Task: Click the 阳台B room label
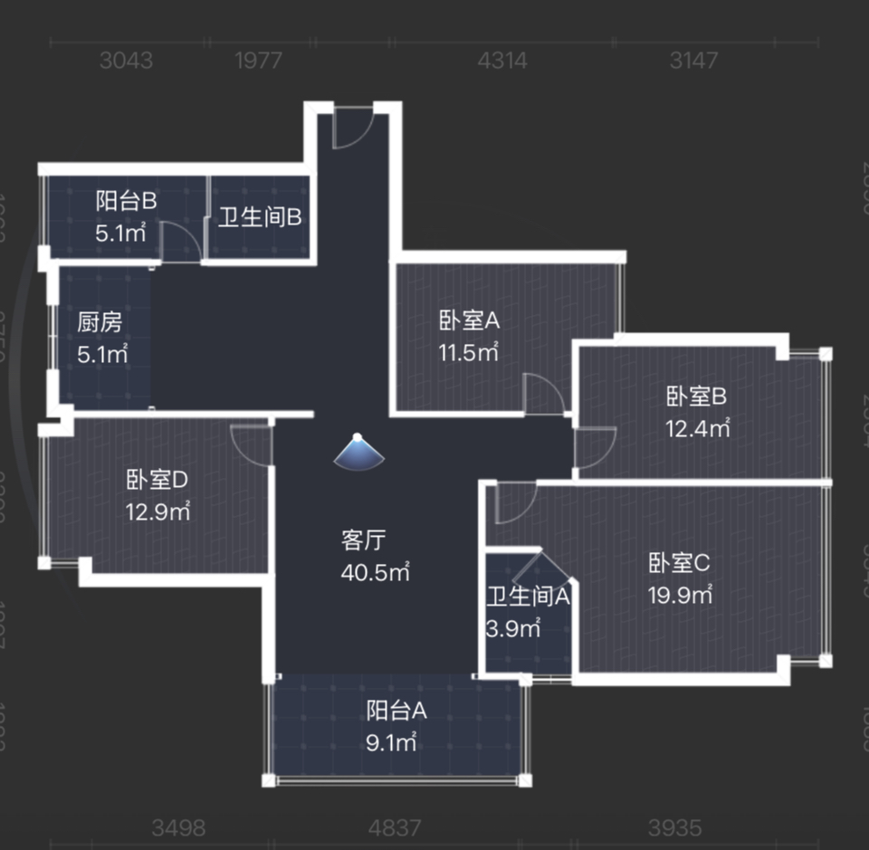pyautogui.click(x=127, y=201)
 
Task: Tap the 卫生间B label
pyautogui.click(x=259, y=218)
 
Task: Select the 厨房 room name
pyautogui.click(x=100, y=321)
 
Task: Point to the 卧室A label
pyautogui.click(x=470, y=320)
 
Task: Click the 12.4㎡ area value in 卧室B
pyautogui.click(x=698, y=428)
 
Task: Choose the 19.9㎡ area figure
pyautogui.click(x=680, y=595)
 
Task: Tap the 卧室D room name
pyautogui.click(x=157, y=479)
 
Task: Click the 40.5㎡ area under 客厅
pyautogui.click(x=376, y=573)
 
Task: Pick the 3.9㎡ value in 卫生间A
pyautogui.click(x=513, y=627)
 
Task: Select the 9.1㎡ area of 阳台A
pyautogui.click(x=391, y=743)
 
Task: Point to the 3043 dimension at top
pyautogui.click(x=126, y=61)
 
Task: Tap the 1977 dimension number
pyautogui.click(x=258, y=61)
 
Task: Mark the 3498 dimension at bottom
pyautogui.click(x=178, y=827)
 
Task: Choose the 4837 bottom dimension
pyautogui.click(x=396, y=827)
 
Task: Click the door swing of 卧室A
pyautogui.click(x=544, y=396)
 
